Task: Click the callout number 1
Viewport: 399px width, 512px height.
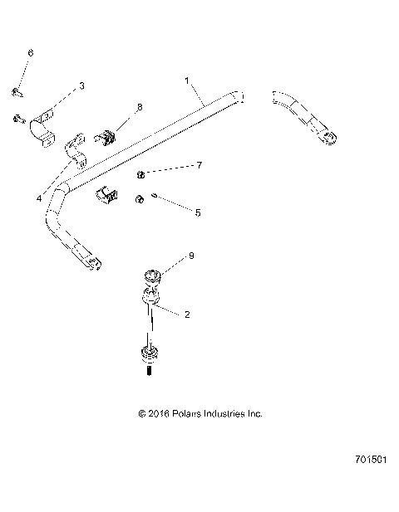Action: [188, 80]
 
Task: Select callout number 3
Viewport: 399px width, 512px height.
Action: [81, 85]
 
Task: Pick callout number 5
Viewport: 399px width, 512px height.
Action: [197, 212]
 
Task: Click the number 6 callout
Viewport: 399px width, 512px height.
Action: [31, 52]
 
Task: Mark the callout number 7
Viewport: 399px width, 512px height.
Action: [198, 167]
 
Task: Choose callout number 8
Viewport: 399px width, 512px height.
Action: [139, 107]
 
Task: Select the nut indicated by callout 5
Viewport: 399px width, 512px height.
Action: [141, 198]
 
